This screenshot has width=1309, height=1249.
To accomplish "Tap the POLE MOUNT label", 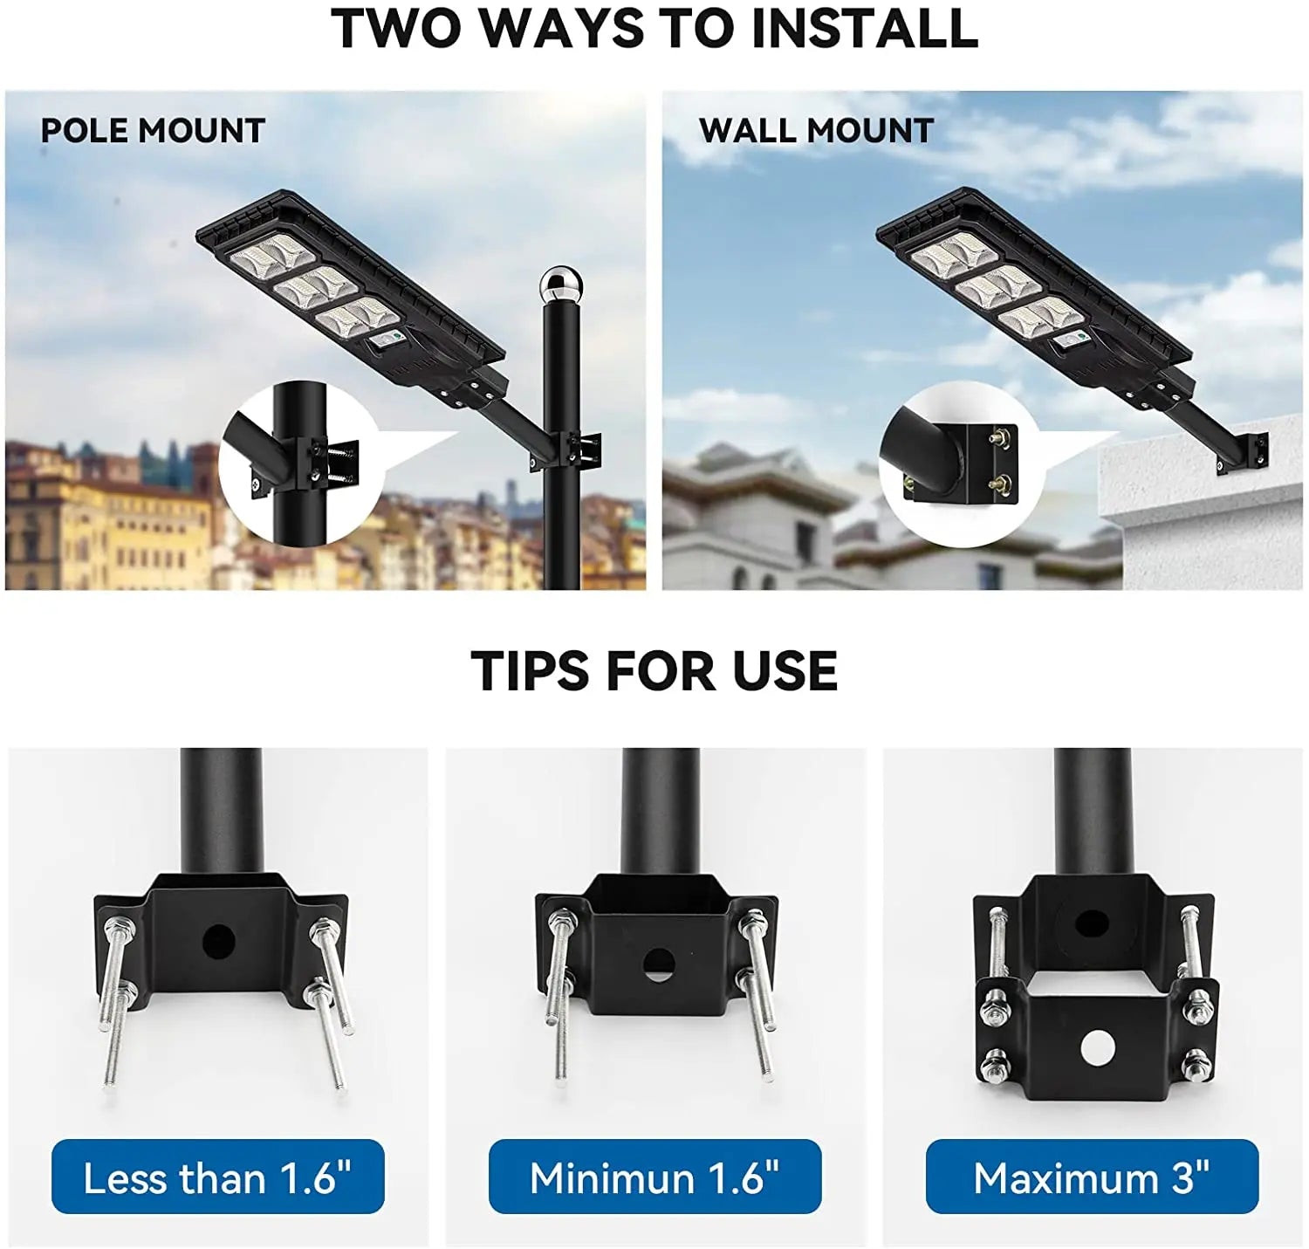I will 153,131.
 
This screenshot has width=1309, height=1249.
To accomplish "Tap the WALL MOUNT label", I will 816,131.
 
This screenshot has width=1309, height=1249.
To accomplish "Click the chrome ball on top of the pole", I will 555,284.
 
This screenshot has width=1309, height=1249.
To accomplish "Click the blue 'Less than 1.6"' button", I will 217,1177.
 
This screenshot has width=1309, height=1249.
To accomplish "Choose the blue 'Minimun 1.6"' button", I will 654,1177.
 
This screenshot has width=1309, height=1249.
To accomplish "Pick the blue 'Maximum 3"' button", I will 1092,1177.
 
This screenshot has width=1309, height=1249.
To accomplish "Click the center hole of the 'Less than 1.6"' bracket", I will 219,940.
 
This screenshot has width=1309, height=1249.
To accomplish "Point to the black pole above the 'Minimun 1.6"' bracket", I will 660,812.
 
